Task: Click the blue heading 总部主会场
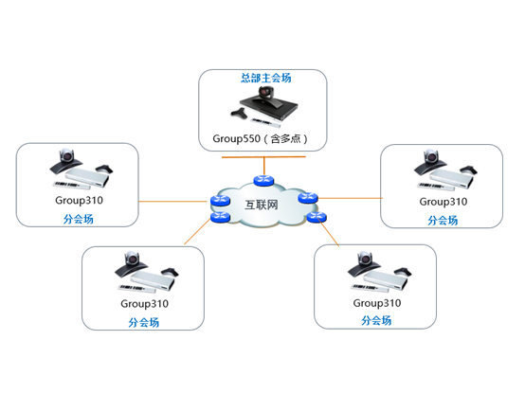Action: pos(266,78)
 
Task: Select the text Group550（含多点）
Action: pos(261,138)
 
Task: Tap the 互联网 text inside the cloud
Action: pos(262,205)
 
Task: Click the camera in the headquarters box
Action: pos(266,92)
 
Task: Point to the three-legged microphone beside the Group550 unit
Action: pos(240,114)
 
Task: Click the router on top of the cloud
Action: pos(263,181)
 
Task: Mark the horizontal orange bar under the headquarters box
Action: pos(263,156)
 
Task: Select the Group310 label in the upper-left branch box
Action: pos(79,200)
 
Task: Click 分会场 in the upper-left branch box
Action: pos(79,220)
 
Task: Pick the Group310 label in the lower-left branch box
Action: pos(144,304)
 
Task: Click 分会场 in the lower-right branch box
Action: pos(376,321)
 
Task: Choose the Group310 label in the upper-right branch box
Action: pos(443,202)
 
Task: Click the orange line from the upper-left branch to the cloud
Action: pos(172,202)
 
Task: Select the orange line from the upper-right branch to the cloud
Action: pos(350,198)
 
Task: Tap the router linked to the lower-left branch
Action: pos(220,217)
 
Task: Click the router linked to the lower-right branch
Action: pos(317,217)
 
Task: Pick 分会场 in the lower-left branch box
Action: pos(144,323)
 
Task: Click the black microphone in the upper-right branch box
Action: pos(468,169)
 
